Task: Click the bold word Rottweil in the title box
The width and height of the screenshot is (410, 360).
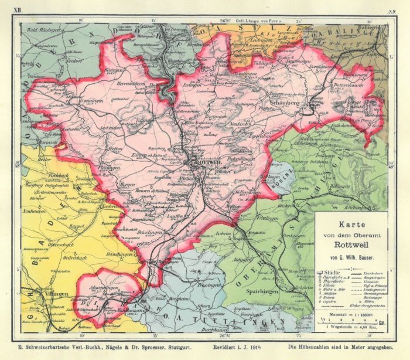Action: tap(350, 245)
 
